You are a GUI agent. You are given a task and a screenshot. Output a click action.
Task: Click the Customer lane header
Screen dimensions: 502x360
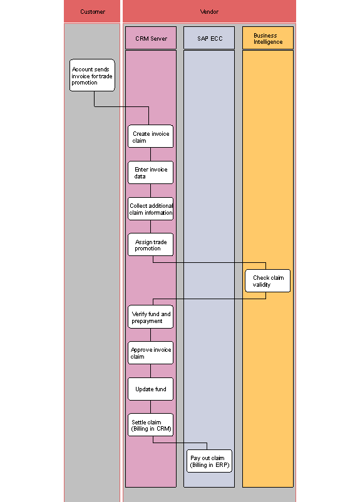(92, 11)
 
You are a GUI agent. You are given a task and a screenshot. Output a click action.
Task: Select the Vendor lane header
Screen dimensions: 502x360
(209, 11)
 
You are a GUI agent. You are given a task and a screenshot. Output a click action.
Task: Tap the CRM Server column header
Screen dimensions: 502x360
(151, 38)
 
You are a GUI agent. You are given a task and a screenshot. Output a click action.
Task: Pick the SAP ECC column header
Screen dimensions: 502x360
(209, 38)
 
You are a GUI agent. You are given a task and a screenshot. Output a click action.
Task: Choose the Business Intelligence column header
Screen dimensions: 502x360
(268, 38)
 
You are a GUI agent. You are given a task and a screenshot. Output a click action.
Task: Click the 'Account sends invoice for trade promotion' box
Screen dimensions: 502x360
(92, 75)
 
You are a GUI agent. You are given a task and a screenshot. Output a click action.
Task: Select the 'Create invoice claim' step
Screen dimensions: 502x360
(150, 136)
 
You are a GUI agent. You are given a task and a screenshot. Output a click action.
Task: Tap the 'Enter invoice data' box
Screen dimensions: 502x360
(150, 173)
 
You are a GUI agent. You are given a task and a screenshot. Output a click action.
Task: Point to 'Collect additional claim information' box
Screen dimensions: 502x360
(150, 209)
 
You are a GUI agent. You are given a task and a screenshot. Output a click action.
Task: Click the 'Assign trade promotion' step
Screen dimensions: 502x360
(150, 245)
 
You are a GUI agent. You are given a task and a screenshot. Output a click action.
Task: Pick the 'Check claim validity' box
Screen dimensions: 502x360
(268, 281)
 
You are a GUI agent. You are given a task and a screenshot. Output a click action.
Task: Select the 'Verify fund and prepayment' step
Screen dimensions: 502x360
(150, 317)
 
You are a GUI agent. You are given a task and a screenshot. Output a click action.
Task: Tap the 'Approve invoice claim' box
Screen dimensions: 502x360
(150, 353)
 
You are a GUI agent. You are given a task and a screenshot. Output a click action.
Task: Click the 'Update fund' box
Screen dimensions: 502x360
(150, 389)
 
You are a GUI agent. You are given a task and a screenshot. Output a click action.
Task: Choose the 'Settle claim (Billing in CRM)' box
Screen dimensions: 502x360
(150, 425)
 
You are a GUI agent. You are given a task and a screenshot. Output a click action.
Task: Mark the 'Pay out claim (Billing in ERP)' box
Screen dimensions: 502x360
(209, 461)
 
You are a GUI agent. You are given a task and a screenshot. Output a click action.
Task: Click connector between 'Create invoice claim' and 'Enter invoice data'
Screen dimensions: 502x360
(150, 155)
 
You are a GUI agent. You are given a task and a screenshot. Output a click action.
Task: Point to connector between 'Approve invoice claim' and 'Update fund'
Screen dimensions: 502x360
(150, 371)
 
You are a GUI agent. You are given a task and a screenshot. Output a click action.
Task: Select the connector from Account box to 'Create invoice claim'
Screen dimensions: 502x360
(122, 106)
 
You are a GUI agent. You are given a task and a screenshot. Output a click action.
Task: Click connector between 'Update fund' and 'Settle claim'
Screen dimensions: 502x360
(150, 407)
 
